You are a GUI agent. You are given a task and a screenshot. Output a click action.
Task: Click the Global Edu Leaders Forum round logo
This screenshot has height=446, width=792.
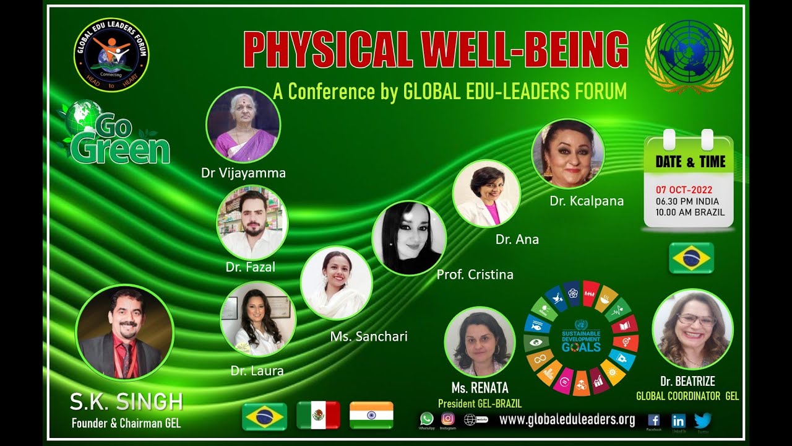tap(111, 55)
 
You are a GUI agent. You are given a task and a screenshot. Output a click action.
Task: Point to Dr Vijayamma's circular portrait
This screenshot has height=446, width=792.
tap(243, 125)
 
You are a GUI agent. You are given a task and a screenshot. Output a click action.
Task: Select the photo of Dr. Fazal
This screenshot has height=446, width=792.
tap(252, 222)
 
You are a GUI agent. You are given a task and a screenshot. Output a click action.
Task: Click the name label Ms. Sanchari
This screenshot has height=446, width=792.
tap(369, 336)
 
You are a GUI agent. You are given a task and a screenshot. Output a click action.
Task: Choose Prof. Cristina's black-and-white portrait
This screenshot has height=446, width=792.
tap(409, 238)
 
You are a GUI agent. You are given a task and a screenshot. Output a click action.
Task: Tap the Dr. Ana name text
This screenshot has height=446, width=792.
tap(517, 239)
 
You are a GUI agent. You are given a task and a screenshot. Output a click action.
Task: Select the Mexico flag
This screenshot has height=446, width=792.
tap(318, 415)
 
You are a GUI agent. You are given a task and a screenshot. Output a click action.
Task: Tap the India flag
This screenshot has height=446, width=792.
tap(371, 415)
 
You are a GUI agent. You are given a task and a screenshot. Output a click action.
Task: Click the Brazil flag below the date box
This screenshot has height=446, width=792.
tap(691, 258)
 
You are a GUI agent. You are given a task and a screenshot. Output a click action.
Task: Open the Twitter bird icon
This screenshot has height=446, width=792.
tap(702, 421)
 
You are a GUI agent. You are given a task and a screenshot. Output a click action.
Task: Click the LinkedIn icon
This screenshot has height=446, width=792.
tap(678, 421)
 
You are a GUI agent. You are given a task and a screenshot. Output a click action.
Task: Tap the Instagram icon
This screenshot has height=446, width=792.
tap(447, 419)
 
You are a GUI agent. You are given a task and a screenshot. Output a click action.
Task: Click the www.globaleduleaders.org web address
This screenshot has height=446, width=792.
tap(567, 420)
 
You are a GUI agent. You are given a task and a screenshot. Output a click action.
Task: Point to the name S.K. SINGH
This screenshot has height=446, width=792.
tap(126, 403)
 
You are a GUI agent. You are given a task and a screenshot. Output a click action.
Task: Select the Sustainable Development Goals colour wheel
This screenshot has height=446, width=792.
tap(581, 338)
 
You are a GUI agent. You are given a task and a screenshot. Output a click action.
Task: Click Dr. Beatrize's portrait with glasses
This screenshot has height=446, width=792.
tap(692, 329)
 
